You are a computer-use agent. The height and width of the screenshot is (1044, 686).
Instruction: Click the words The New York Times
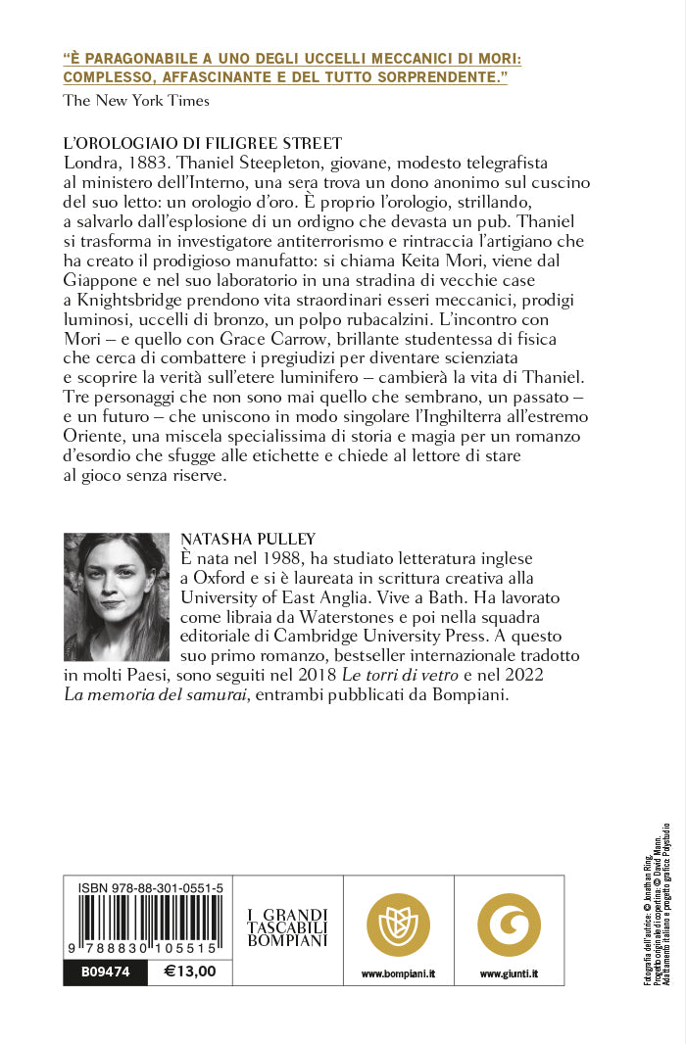click(136, 99)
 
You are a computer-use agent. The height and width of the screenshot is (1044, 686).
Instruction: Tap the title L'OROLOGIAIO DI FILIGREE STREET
click(202, 143)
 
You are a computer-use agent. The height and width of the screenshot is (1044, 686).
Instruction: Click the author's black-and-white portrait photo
click(117, 596)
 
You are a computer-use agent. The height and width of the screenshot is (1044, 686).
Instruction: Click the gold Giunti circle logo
click(509, 924)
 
